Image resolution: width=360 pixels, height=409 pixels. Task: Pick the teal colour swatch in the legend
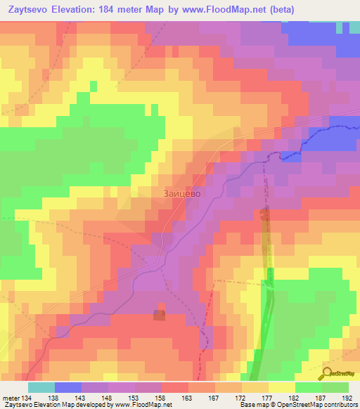pos(41,387)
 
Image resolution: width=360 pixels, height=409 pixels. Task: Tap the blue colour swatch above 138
pos(68,387)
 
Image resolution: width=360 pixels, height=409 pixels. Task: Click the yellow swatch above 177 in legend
pos(255,387)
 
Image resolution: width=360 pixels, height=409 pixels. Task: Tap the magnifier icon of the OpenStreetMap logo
pos(326,374)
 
